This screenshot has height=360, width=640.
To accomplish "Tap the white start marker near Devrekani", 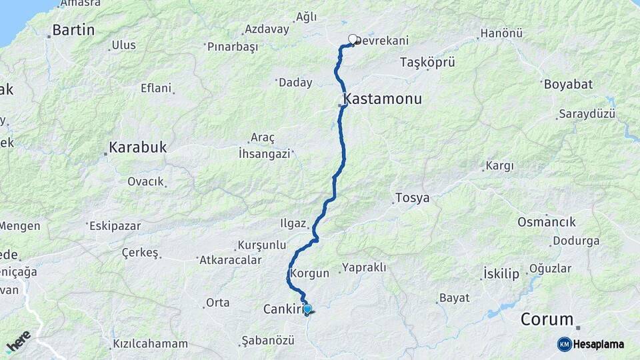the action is click(x=353, y=39).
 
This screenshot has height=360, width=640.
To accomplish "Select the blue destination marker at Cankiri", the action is click(x=307, y=309).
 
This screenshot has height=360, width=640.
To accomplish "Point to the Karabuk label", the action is click(x=138, y=147).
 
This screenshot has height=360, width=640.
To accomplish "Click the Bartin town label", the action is click(x=73, y=30).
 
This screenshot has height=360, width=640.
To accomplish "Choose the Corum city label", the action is click(x=547, y=319).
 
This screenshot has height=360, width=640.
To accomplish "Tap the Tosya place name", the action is click(x=412, y=198).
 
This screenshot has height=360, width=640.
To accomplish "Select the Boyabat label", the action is click(x=568, y=84).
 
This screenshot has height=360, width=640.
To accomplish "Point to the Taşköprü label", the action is click(x=427, y=63).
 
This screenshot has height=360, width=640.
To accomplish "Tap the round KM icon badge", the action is click(x=564, y=344).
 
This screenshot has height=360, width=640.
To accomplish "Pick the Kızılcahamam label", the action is click(x=150, y=344).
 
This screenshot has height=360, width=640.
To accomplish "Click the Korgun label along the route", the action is click(x=309, y=273).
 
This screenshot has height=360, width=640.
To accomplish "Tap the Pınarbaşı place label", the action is click(x=232, y=47).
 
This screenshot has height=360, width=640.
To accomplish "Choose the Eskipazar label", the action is click(x=115, y=226).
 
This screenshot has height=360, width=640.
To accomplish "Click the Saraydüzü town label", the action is click(x=587, y=114).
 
